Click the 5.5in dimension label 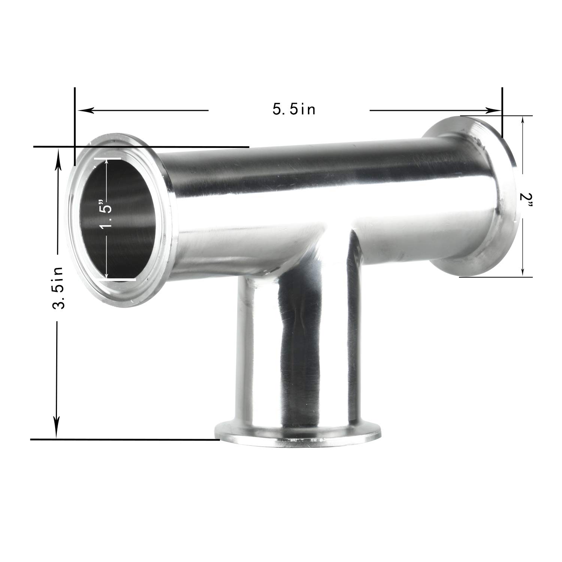[x=294, y=109]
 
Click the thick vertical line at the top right [x=501, y=112]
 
